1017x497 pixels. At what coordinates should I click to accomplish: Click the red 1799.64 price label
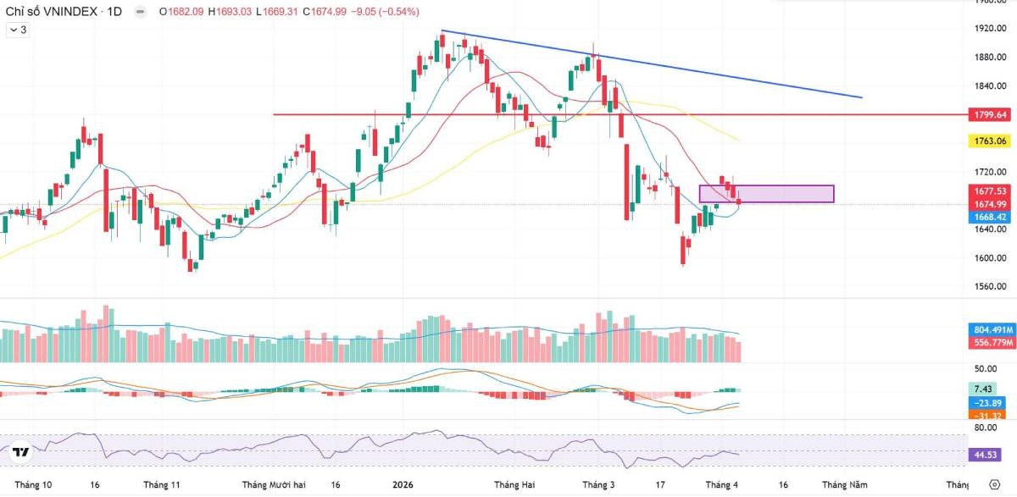click(x=989, y=114)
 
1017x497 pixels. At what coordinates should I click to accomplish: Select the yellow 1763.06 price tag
click(x=989, y=141)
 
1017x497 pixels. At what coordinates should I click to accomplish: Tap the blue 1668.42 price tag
click(x=989, y=217)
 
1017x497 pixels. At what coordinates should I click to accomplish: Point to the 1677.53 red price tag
click(x=989, y=191)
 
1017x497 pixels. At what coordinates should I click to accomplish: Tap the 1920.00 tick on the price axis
click(x=989, y=29)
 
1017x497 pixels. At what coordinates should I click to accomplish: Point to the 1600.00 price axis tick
click(x=989, y=258)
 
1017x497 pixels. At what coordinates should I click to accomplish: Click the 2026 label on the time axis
click(x=403, y=485)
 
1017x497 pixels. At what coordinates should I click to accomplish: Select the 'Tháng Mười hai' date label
click(x=274, y=485)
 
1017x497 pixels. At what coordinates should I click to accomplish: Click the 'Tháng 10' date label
click(x=34, y=485)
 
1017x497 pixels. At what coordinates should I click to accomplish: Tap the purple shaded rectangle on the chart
click(x=766, y=194)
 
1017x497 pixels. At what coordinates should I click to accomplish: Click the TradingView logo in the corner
click(x=21, y=452)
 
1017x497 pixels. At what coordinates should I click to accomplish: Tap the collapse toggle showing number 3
click(x=18, y=30)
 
